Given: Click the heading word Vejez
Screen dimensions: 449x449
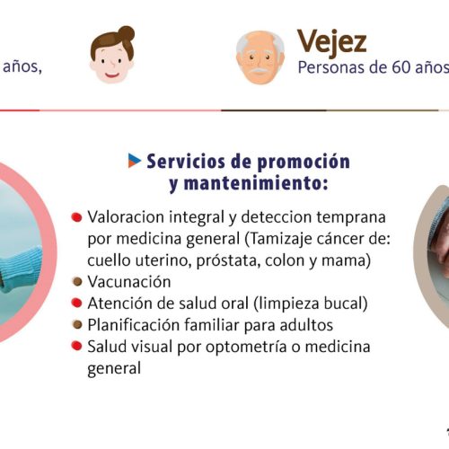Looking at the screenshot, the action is point(331,42).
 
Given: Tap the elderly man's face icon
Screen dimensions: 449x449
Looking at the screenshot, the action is point(260,57).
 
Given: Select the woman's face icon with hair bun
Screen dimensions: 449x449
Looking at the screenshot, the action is point(112,55).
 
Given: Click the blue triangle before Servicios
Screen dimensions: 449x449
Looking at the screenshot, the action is point(135,161).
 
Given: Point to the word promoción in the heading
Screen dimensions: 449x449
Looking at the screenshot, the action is point(304,163).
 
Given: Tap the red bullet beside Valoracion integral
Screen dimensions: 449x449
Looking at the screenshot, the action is point(76,217).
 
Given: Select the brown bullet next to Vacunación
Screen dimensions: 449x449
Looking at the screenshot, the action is point(77,282).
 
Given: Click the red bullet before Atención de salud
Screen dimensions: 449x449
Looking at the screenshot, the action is point(76,303).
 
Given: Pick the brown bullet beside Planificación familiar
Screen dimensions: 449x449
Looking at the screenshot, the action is point(77,325).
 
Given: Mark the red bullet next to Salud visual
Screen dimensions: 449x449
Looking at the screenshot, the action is point(76,346).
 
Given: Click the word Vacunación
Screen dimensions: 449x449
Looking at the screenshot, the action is point(129,282).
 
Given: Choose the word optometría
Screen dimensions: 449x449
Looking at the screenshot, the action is point(246,348).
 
